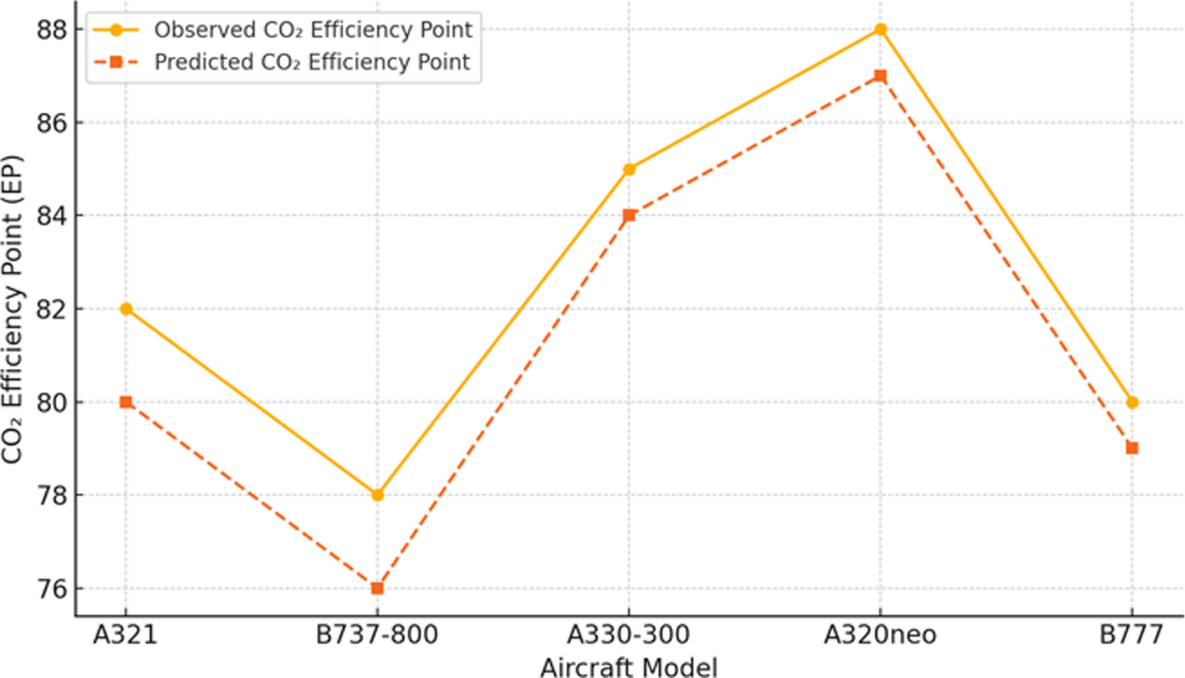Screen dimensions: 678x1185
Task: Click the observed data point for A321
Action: tap(126, 309)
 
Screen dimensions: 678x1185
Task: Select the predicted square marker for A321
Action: tap(126, 402)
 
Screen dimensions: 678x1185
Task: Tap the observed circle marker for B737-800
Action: tap(377, 495)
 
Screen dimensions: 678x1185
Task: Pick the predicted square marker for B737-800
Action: tap(377, 589)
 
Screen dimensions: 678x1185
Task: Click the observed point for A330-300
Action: tap(629, 169)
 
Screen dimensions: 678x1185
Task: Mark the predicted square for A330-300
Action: tap(629, 216)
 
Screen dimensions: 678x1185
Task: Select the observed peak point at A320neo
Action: tap(881, 30)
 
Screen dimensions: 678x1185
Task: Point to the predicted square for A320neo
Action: tap(881, 77)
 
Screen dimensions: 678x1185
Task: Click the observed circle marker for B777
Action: tap(1132, 402)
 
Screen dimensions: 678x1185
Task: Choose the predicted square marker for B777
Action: tap(1132, 448)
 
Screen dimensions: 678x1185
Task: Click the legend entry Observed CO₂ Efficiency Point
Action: tap(312, 30)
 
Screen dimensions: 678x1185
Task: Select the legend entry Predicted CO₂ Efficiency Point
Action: tap(311, 62)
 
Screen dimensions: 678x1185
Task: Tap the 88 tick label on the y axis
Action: tap(52, 30)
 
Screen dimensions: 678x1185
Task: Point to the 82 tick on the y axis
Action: tap(52, 309)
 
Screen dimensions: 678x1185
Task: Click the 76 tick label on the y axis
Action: tap(52, 589)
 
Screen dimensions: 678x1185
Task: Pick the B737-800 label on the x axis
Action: tap(377, 635)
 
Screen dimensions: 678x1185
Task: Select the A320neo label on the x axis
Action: tap(880, 635)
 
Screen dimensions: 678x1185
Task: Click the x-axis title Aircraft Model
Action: tap(629, 667)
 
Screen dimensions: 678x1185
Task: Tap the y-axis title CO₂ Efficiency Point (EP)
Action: tap(13, 309)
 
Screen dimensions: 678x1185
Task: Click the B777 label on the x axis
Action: tap(1131, 635)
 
